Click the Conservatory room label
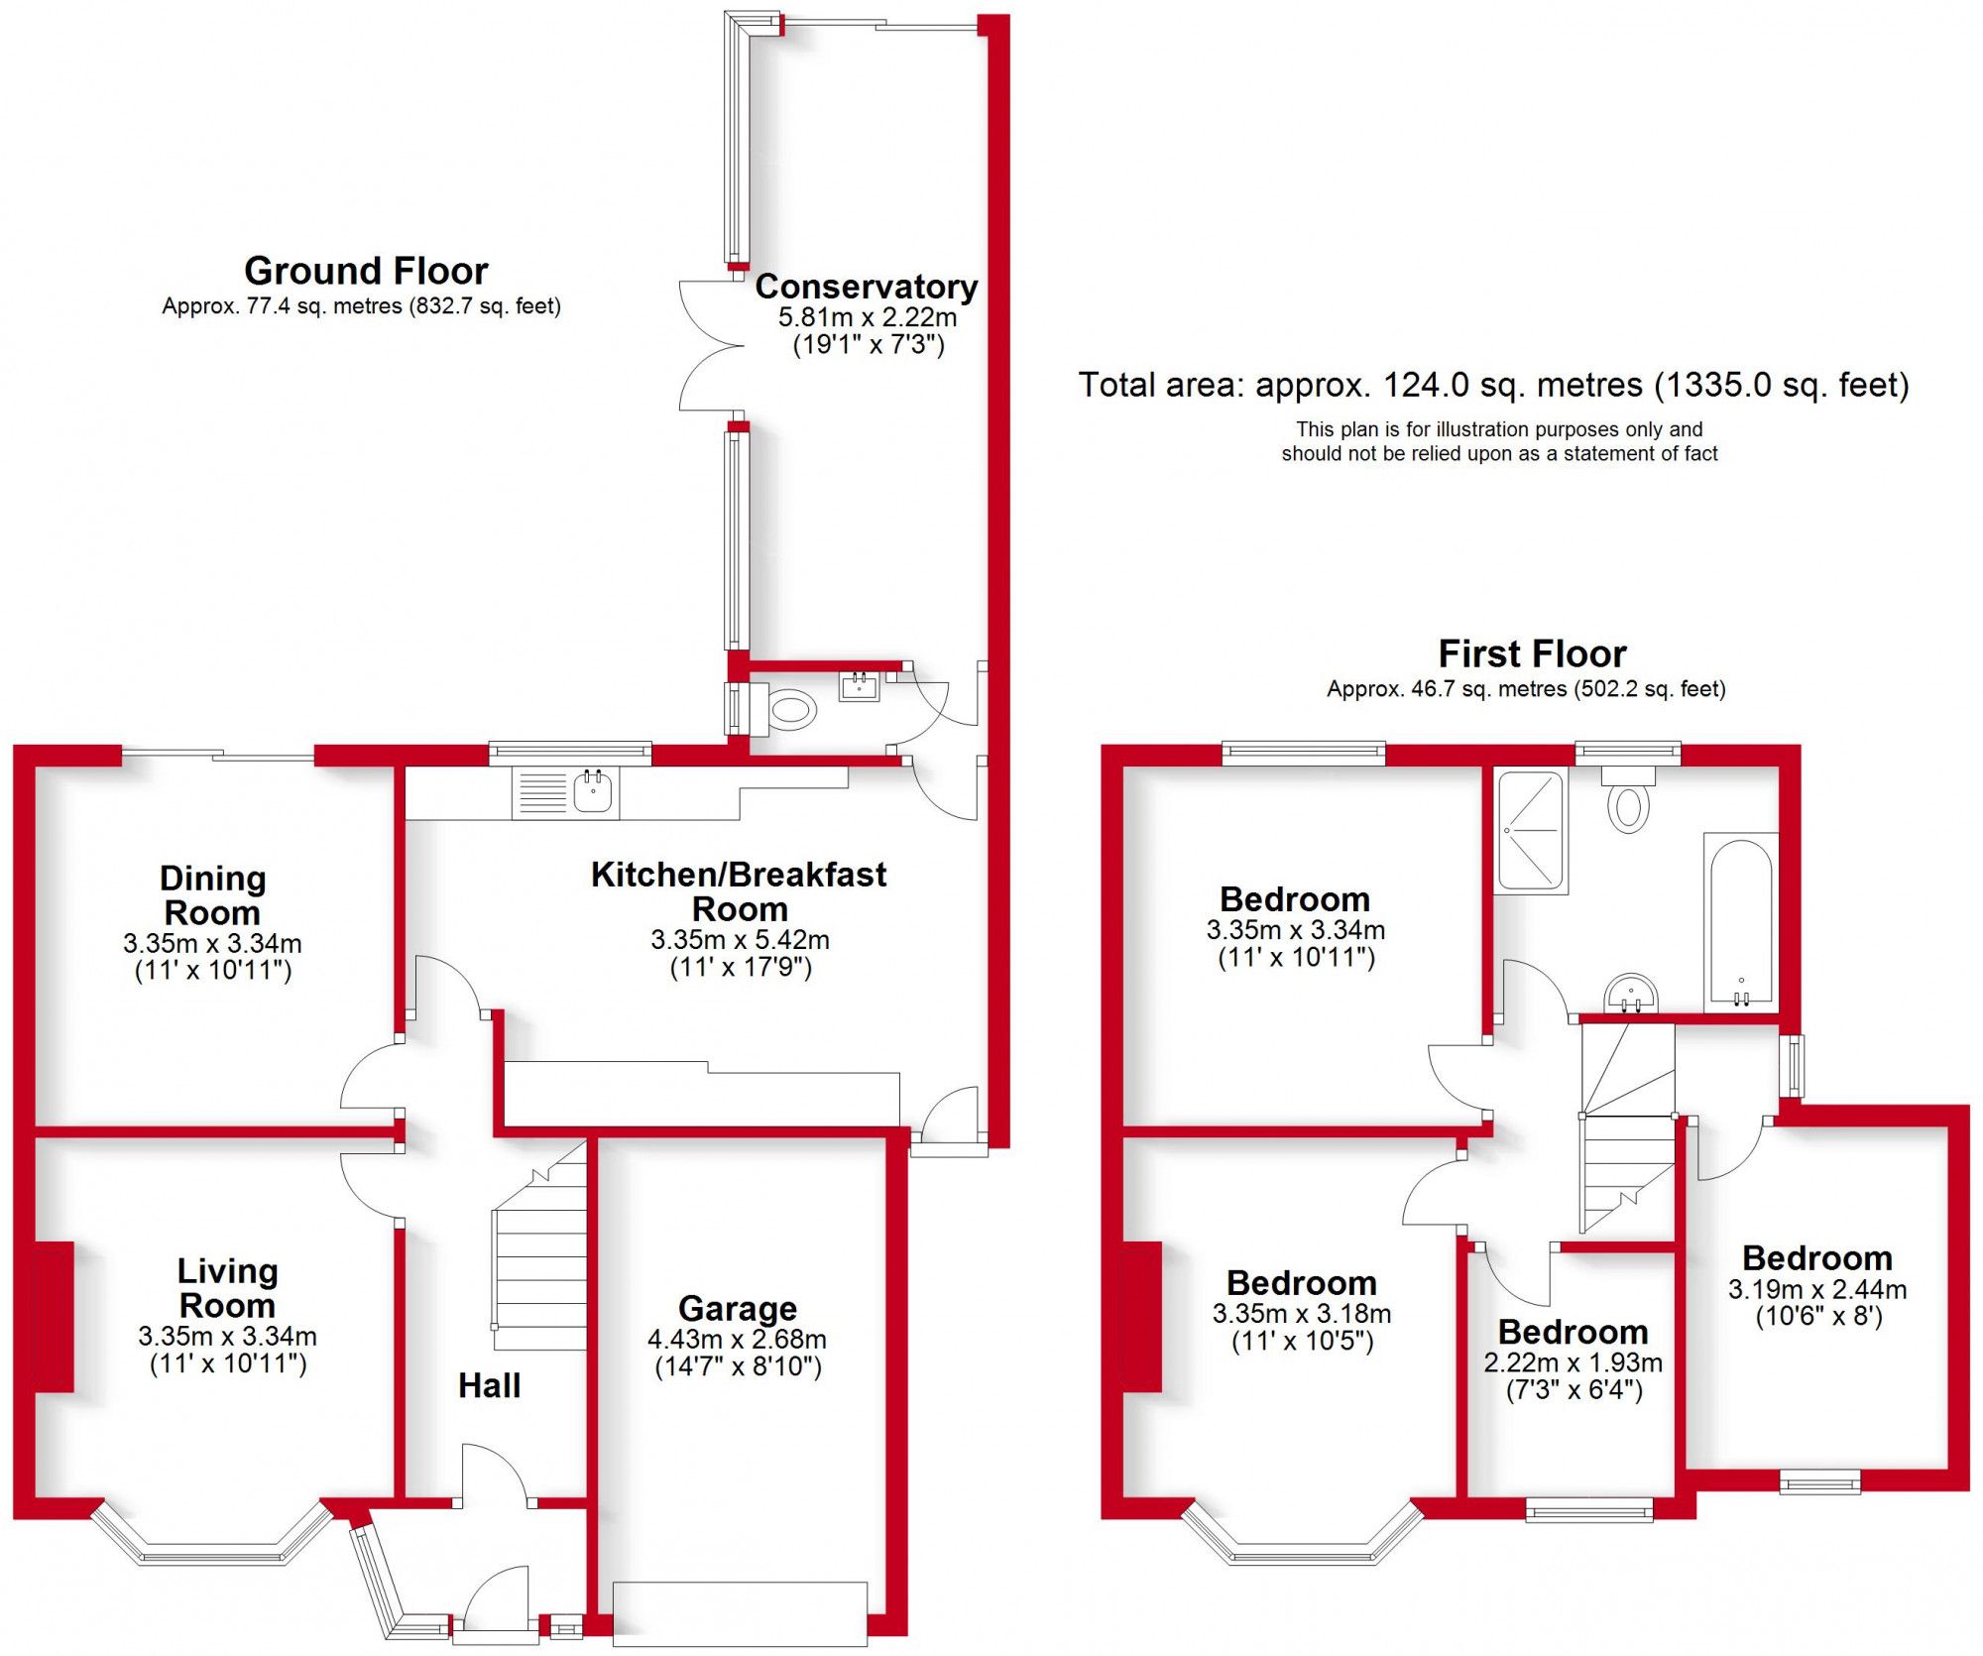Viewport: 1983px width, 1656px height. [866, 287]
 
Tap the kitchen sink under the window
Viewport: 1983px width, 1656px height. [592, 792]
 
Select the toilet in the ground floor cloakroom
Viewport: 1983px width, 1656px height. [792, 710]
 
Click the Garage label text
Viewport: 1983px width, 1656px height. [737, 1309]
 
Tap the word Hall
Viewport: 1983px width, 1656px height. [489, 1385]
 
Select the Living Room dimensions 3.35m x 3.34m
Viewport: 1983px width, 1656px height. [227, 1337]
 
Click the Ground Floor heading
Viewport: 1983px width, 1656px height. [366, 271]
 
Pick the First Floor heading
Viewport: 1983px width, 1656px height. [1532, 653]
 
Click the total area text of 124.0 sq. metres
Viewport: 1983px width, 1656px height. [1493, 385]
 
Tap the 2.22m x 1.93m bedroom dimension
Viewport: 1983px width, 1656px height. [1573, 1362]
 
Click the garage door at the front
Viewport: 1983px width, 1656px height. [740, 1614]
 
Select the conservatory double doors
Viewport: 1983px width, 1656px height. [711, 346]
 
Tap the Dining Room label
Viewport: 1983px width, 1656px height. [212, 894]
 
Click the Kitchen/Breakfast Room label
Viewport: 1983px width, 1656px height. [739, 890]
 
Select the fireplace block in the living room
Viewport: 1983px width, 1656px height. [54, 1316]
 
